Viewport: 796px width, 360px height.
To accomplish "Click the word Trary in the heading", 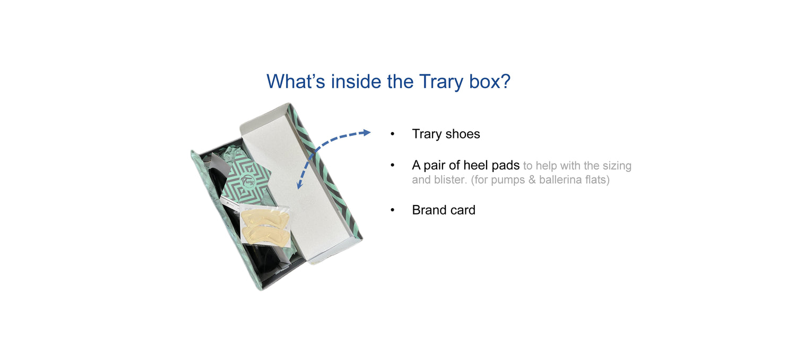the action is pos(441,81).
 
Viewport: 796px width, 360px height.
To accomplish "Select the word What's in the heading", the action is pos(296,81).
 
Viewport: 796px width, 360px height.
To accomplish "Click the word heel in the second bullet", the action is pos(482,165).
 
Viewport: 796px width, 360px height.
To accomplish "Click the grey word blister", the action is pos(450,179).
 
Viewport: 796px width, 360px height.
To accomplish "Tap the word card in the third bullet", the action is pos(462,210).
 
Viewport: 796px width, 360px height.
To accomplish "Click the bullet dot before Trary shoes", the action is pos(392,134).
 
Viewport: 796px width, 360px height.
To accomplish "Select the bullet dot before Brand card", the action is pos(392,210).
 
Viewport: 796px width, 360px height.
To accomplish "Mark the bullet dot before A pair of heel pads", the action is pos(392,166).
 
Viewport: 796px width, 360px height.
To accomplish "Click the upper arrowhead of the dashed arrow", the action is pos(366,133).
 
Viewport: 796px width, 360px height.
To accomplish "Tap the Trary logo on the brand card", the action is pos(248,181).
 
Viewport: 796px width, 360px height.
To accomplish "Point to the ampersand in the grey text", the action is pos(532,179).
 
